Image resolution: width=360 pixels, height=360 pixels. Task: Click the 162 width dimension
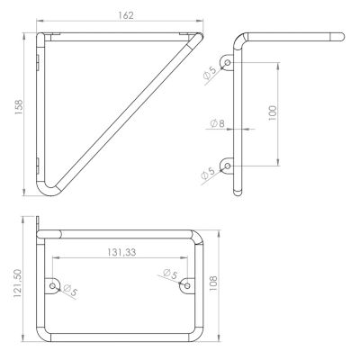coord(126,15)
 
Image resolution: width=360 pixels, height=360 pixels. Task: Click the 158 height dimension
coord(19,107)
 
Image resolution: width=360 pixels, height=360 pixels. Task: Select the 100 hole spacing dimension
coord(273,113)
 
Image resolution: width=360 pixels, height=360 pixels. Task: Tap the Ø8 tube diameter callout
coord(217,123)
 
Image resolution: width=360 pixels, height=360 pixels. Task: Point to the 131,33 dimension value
coord(121,252)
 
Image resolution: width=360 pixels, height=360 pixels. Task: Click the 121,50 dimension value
coord(18,283)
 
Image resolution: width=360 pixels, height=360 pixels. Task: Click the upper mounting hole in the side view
coord(228,62)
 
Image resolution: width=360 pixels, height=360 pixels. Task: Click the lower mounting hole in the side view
coord(228,166)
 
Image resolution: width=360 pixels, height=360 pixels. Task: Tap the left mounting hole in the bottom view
coord(52,286)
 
